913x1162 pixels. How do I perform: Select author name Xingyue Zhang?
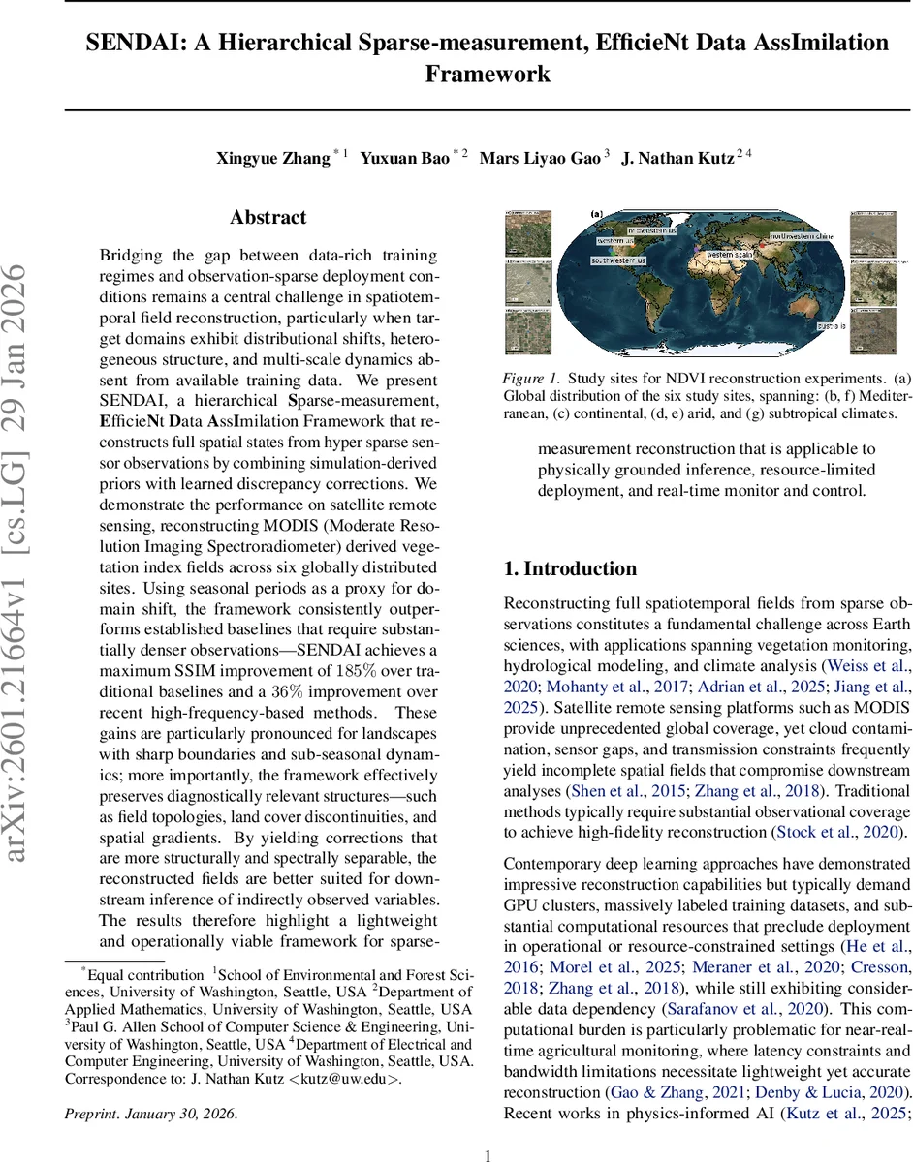(272, 159)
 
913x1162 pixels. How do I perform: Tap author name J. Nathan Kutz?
(677, 159)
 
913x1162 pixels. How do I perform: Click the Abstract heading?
(268, 218)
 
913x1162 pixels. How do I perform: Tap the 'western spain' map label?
(732, 254)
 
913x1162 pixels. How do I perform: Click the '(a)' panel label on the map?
(596, 214)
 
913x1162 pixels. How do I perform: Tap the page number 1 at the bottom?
(488, 1155)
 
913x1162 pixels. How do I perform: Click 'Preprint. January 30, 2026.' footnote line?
(150, 1114)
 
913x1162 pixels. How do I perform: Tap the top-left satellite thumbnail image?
(528, 233)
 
